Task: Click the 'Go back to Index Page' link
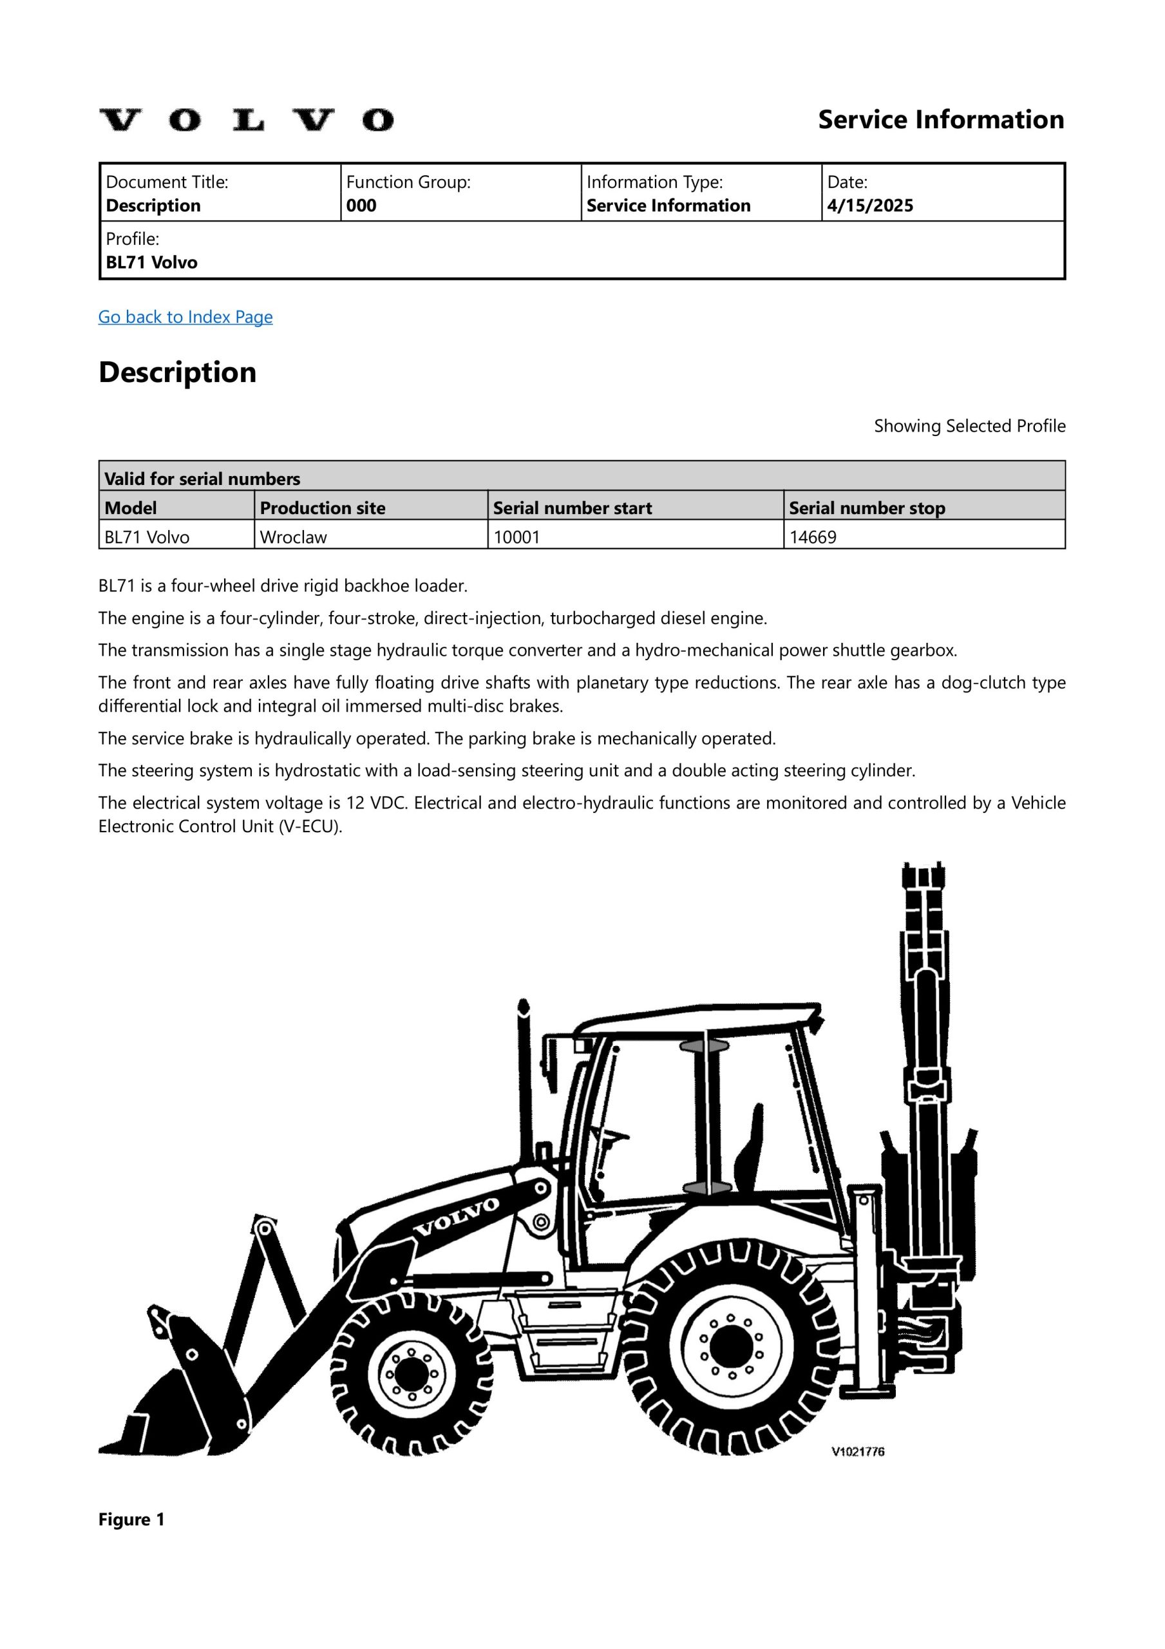point(185,317)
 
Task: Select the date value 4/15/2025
point(870,206)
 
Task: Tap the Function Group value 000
point(361,206)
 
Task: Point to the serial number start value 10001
point(516,537)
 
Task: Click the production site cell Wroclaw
point(293,537)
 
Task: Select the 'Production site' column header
point(323,508)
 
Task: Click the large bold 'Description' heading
point(177,372)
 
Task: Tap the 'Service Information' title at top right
point(941,119)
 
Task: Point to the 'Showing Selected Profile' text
point(969,426)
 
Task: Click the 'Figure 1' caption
point(131,1519)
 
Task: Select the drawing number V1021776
point(858,1451)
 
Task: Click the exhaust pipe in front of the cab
point(524,1077)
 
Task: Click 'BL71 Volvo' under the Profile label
point(151,262)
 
